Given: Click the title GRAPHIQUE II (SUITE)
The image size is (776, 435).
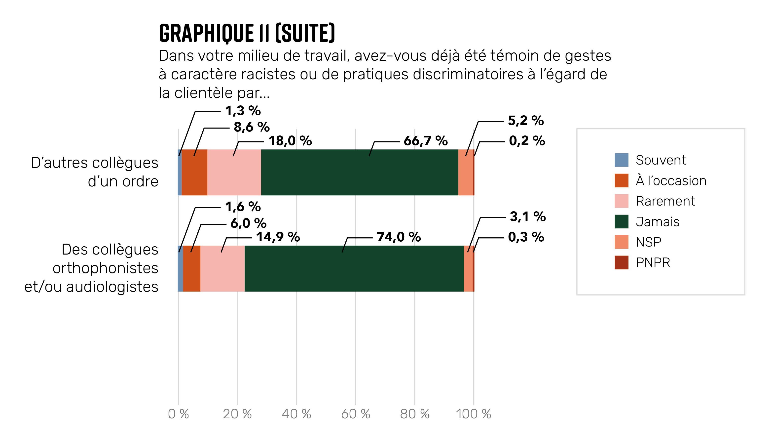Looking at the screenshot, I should (247, 33).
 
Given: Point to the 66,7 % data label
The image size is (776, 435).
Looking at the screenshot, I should (425, 141).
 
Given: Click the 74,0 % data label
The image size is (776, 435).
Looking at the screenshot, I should (399, 237).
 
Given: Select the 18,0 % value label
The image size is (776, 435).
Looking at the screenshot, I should (290, 141).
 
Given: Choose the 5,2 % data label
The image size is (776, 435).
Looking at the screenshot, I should (526, 121).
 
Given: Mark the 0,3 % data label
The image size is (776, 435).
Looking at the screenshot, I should (526, 237).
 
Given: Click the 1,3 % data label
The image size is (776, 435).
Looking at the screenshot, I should (243, 111).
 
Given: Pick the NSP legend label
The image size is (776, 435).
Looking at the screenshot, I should (648, 242).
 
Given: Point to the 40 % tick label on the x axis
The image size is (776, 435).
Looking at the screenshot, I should (296, 414).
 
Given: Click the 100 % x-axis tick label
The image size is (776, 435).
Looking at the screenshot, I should (473, 414).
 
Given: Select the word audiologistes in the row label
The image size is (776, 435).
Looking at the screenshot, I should (112, 287).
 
